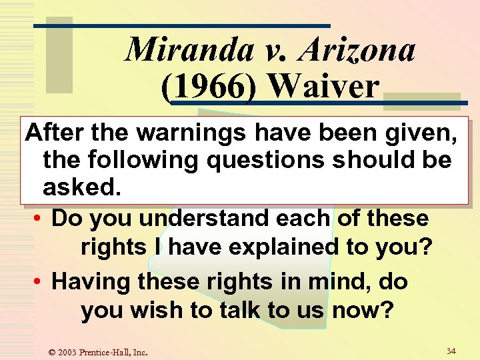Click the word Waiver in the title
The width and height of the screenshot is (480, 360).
click(324, 87)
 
